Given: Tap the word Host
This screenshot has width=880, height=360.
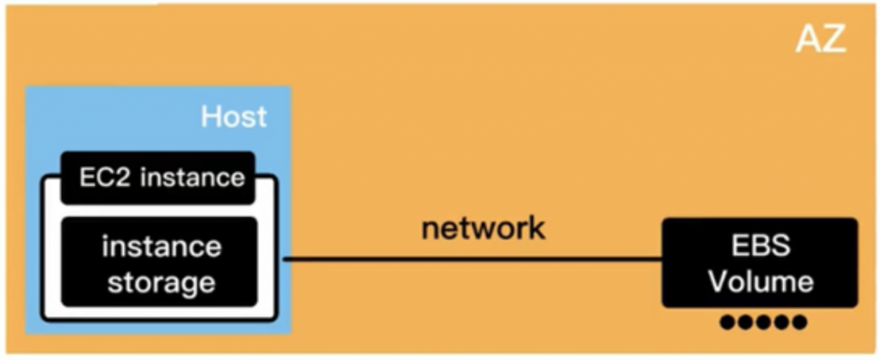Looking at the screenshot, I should tap(234, 116).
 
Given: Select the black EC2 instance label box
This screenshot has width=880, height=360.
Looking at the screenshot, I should tap(158, 177).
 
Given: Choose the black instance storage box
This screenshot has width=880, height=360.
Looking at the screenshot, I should tap(160, 263).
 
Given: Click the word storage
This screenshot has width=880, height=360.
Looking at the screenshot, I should tap(160, 282).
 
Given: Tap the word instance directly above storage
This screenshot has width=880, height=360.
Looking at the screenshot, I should tap(161, 246).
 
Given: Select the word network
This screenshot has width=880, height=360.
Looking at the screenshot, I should tap(483, 228).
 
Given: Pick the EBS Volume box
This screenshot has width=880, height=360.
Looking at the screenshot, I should tap(760, 262).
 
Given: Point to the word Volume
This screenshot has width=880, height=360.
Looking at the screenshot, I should tap(760, 280).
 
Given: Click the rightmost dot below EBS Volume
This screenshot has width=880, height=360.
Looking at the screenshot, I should tap(798, 323).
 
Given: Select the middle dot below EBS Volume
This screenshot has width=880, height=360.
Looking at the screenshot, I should tap(763, 323).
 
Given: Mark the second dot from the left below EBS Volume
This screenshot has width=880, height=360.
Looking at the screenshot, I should tap(746, 323).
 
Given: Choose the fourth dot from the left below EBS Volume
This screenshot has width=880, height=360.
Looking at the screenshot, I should tap(781, 323).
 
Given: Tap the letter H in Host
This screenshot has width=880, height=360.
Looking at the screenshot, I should tap(211, 116).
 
